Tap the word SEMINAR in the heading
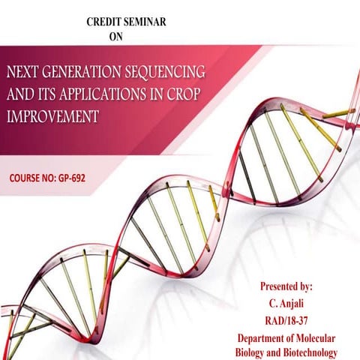[x=147, y=21]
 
